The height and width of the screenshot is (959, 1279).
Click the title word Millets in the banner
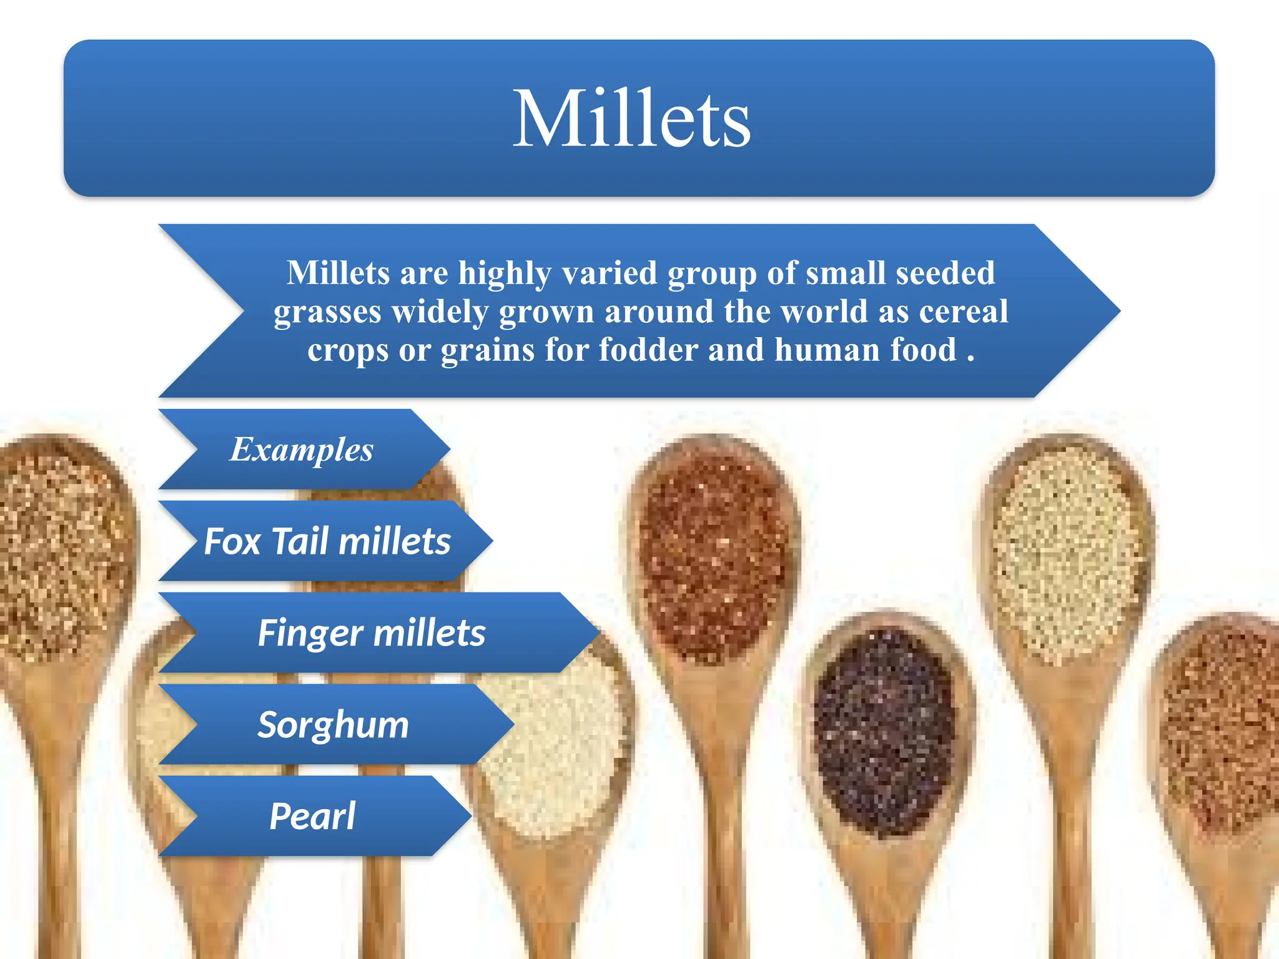pyautogui.click(x=631, y=119)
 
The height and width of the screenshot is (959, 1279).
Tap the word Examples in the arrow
pyautogui.click(x=302, y=450)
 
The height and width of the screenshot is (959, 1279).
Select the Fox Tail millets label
pyautogui.click(x=327, y=541)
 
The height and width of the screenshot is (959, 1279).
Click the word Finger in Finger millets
pyautogui.click(x=310, y=633)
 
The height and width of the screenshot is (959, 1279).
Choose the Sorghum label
pyautogui.click(x=333, y=725)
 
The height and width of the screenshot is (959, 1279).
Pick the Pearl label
pyautogui.click(x=312, y=816)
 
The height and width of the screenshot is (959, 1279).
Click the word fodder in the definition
pyautogui.click(x=648, y=350)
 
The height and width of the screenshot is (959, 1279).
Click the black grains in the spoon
pyautogui.click(x=884, y=730)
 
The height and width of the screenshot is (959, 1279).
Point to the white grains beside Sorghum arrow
pyautogui.click(x=556, y=749)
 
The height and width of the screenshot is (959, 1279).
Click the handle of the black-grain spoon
pyautogui.click(x=887, y=905)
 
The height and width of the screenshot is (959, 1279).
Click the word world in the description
pyautogui.click(x=824, y=311)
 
